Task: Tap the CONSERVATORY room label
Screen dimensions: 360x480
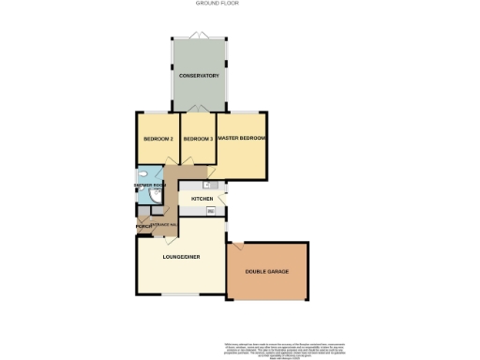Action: [199, 75]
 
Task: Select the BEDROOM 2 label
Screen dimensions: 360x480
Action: [158, 139]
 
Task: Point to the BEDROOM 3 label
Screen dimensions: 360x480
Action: [198, 139]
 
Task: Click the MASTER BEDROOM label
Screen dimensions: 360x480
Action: [242, 139]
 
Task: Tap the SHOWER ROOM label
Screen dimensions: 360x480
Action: [149, 186]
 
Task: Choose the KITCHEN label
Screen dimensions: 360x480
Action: [202, 200]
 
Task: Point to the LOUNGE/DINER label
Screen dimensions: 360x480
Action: [181, 257]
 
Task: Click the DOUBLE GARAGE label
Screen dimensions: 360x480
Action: [267, 272]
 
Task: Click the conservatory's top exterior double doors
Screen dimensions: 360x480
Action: [199, 36]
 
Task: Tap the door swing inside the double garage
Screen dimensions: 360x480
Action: [238, 248]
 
